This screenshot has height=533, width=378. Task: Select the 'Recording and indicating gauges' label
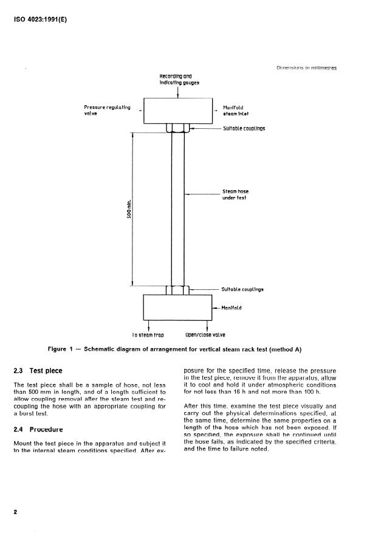click(x=175, y=80)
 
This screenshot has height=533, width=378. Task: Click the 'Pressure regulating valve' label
click(x=107, y=111)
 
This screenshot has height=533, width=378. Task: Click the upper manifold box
click(x=177, y=111)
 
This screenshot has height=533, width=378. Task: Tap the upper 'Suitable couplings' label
click(x=244, y=129)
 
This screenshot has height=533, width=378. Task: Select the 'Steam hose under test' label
click(x=235, y=194)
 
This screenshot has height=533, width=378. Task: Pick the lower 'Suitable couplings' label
click(x=242, y=290)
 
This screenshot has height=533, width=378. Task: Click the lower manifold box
click(x=177, y=308)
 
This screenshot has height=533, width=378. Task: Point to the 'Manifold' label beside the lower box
click(x=232, y=308)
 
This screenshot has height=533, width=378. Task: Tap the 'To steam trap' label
click(x=148, y=335)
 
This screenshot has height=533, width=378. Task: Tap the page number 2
click(x=15, y=512)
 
